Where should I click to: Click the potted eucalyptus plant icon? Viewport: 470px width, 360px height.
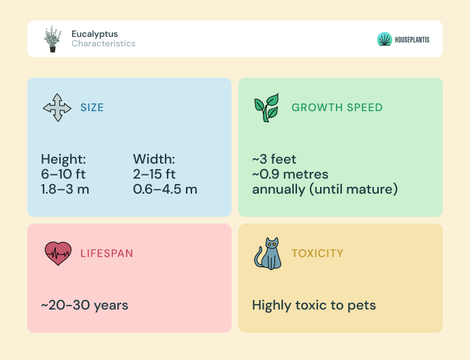tap(52, 40)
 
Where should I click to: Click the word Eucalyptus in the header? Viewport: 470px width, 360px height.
tap(95, 34)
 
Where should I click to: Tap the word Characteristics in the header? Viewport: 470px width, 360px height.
tap(104, 44)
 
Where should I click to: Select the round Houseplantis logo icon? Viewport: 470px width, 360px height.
tap(385, 40)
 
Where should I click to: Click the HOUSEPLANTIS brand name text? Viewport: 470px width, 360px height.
tap(412, 40)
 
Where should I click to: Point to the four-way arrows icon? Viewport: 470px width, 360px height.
tap(57, 108)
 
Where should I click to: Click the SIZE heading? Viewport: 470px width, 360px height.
tap(92, 108)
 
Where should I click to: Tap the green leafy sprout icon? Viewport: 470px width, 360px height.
tap(266, 108)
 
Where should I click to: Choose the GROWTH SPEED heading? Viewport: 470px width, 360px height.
tap(337, 108)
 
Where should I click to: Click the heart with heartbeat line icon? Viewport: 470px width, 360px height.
tap(58, 254)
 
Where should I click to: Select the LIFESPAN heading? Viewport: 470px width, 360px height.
tap(107, 254)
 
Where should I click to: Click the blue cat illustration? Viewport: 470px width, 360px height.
tap(268, 254)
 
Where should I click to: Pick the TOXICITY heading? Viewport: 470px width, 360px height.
tap(317, 254)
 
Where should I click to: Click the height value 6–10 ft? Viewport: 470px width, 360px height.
tap(63, 175)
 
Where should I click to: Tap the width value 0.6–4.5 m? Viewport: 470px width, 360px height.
tap(165, 190)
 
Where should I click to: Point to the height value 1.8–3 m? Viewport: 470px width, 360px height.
tap(65, 190)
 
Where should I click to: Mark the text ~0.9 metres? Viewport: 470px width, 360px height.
tap(290, 175)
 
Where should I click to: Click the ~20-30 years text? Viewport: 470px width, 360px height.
tap(84, 305)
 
